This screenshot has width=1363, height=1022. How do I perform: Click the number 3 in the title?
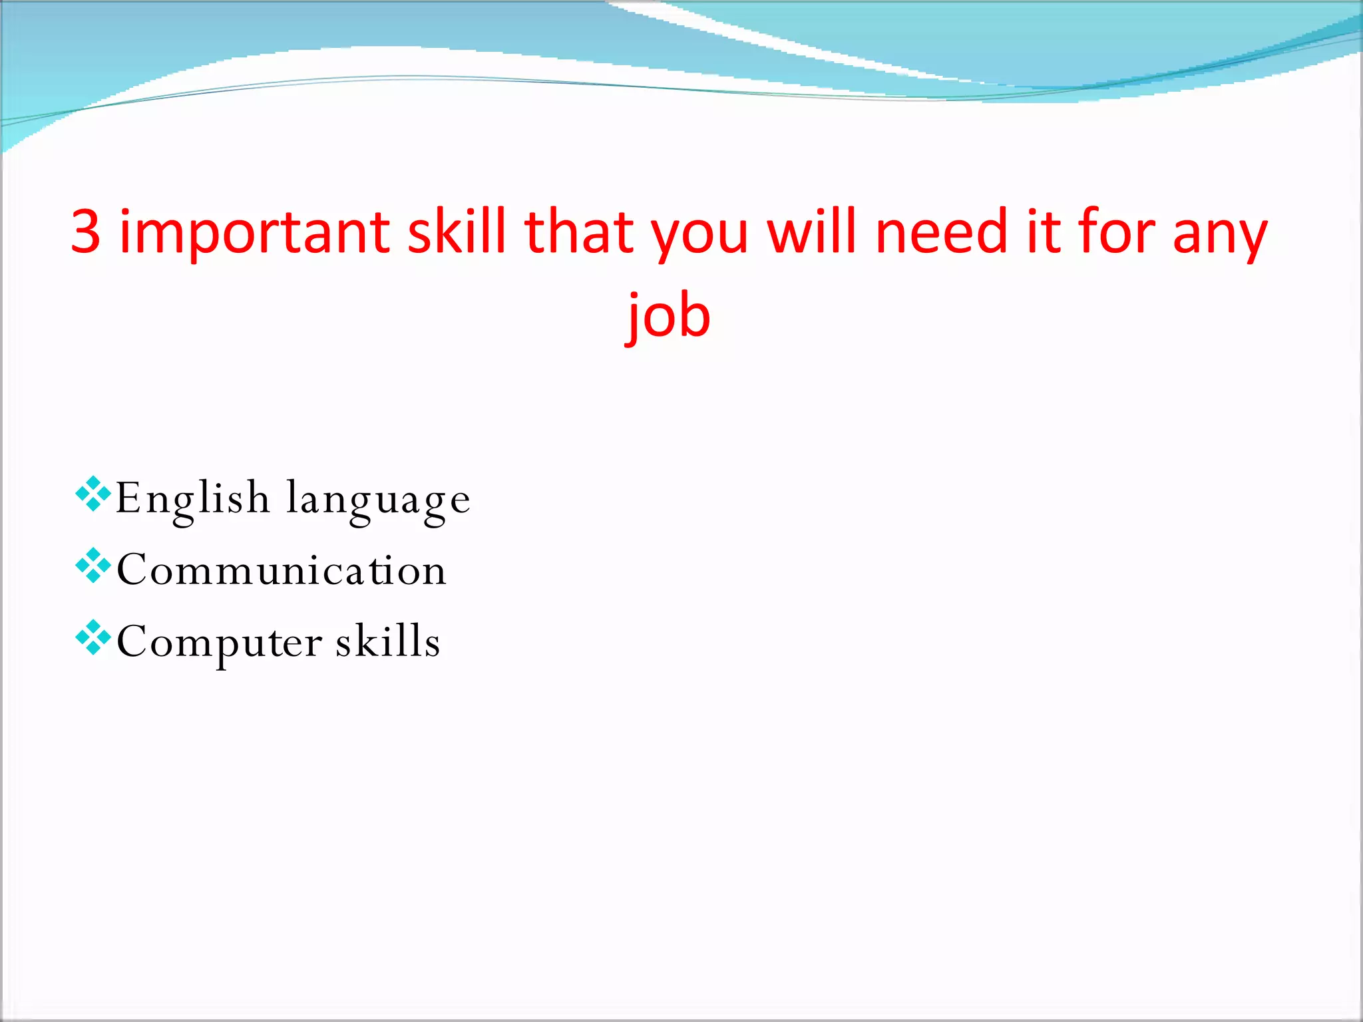pos(86,232)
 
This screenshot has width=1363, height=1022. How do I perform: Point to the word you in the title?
pos(699,236)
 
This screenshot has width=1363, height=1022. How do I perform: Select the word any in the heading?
pos(1220,236)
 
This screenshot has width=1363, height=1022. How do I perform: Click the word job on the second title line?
pos(670,317)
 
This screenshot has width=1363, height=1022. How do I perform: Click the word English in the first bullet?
pos(192,499)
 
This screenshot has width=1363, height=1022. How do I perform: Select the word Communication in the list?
pos(282,570)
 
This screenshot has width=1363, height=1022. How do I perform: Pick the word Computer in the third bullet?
pos(220,643)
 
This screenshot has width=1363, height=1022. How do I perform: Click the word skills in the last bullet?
pos(387,641)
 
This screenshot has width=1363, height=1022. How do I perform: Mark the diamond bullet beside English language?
pos(93,494)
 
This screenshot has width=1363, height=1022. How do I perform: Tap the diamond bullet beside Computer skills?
pos(93,637)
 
